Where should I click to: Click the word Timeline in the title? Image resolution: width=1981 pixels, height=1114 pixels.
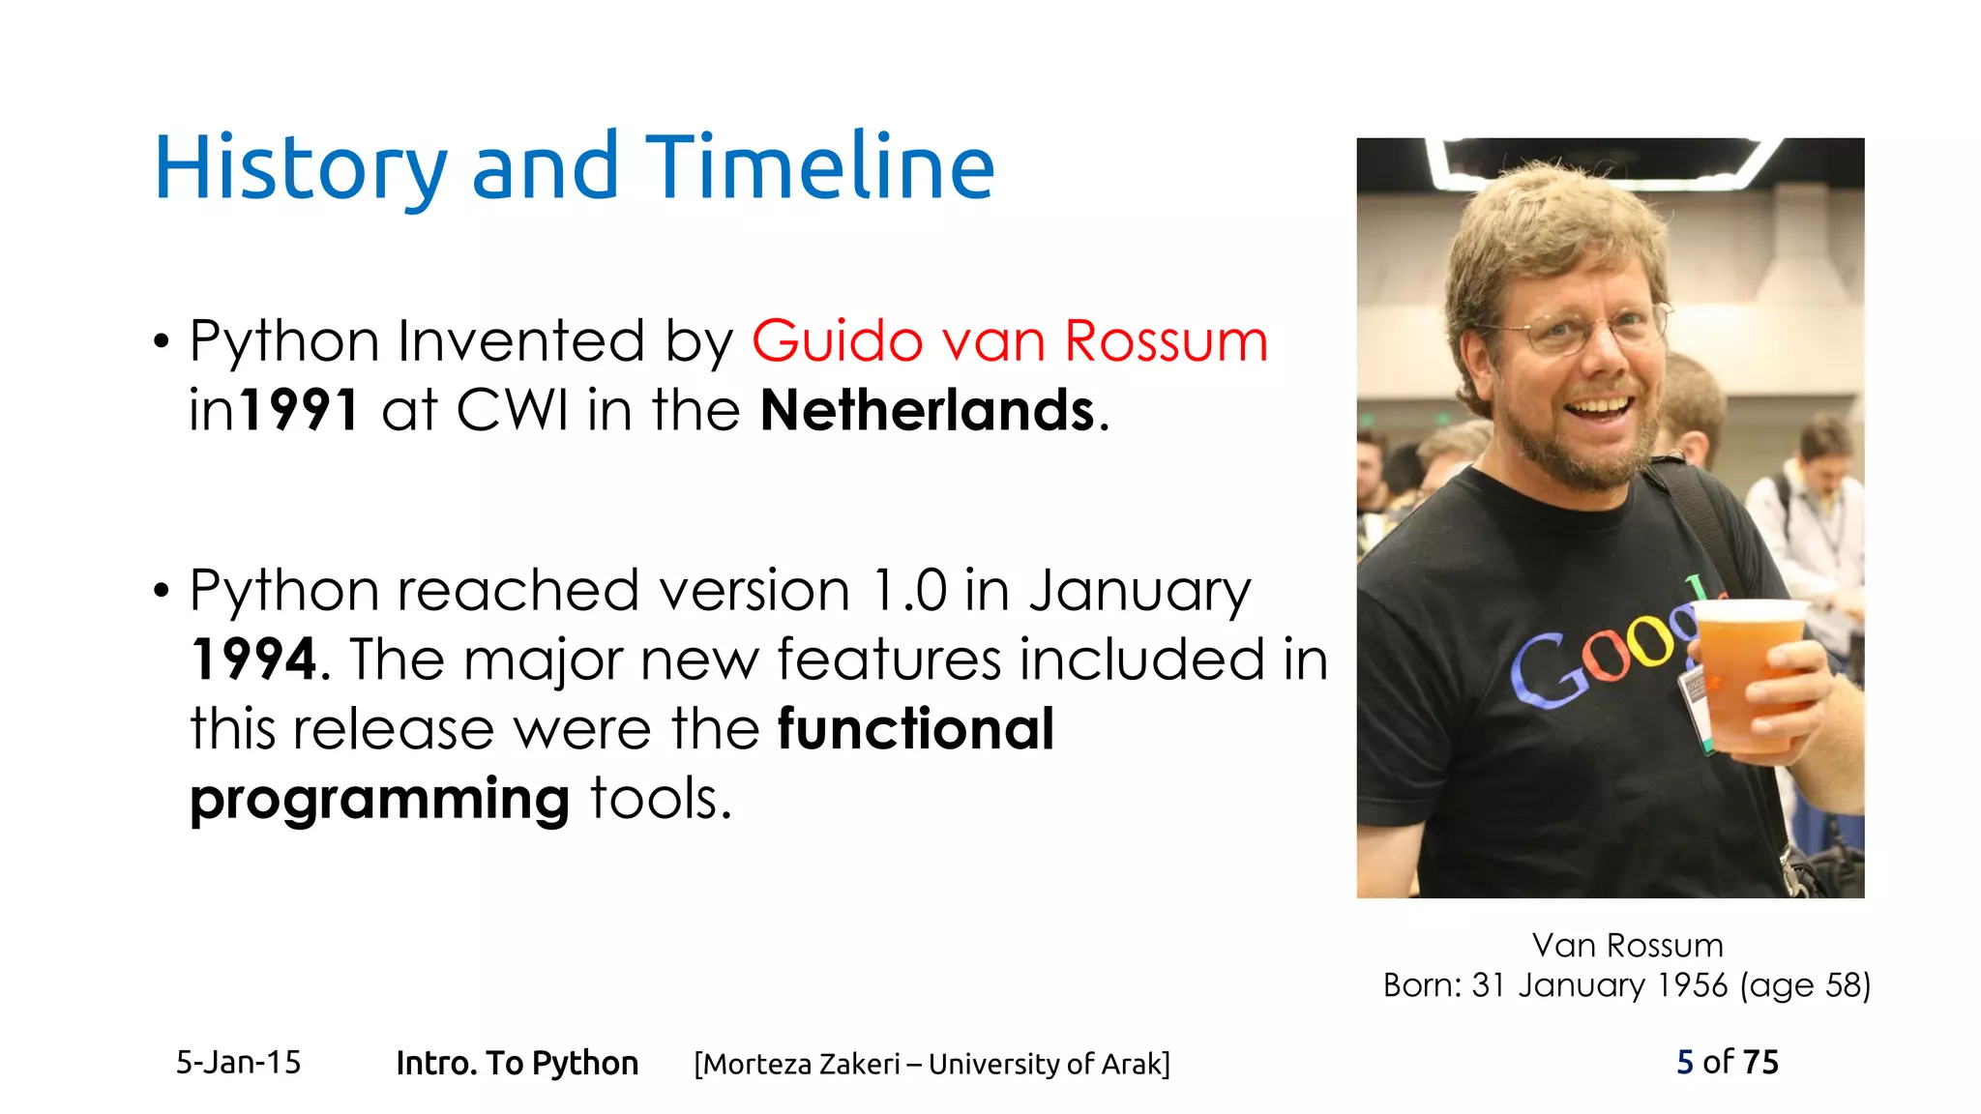[x=819, y=167]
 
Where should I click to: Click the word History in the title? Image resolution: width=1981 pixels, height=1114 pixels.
[x=300, y=169]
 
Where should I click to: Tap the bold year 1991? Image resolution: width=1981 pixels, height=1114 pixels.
[x=300, y=410]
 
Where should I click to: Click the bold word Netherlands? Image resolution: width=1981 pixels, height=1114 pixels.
[x=927, y=410]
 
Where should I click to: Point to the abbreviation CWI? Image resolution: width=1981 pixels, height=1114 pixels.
[x=512, y=410]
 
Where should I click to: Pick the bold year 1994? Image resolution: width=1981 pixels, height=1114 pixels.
[x=253, y=660]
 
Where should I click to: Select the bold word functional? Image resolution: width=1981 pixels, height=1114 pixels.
[x=915, y=729]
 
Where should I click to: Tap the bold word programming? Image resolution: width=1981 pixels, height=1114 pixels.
[x=379, y=799]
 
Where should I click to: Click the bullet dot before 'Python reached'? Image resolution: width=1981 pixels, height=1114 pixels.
[x=162, y=591]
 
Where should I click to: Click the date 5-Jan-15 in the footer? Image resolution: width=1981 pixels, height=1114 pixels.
[x=238, y=1063]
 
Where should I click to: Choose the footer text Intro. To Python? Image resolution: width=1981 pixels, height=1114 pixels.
[x=517, y=1063]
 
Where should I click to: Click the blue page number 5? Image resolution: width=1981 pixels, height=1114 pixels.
[x=1684, y=1062]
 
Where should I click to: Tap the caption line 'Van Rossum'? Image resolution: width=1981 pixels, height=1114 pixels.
[x=1627, y=945]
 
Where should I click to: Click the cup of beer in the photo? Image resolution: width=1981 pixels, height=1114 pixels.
[x=1749, y=673]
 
